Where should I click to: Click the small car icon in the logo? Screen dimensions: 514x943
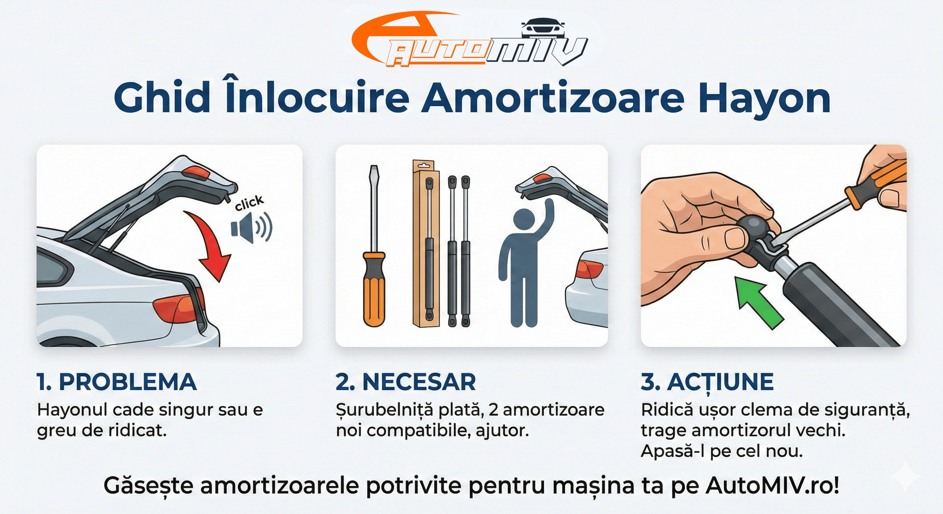[542, 28]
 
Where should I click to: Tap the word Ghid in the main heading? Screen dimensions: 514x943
[161, 98]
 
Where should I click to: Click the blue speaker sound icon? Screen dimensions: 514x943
[251, 228]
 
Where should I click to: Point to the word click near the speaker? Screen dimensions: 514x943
[249, 203]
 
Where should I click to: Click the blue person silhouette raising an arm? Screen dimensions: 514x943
[525, 263]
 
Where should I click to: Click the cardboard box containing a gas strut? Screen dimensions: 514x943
[426, 243]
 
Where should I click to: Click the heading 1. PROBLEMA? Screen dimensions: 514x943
[117, 382]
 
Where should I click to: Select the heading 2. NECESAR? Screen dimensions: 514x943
[406, 382]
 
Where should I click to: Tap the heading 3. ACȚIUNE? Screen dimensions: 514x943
[707, 382]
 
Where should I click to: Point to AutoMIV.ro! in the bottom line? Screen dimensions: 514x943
[773, 486]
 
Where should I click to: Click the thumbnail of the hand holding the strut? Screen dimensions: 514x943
[773, 245]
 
